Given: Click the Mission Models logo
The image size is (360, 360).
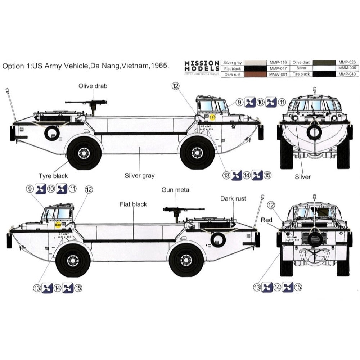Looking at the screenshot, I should [x=202, y=67].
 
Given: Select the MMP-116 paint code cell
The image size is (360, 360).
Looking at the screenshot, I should [x=276, y=62].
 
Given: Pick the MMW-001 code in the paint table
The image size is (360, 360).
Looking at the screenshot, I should [x=276, y=74].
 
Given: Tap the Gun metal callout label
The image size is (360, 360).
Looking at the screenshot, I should [x=176, y=190].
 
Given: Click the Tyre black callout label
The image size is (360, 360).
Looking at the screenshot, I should [x=53, y=176].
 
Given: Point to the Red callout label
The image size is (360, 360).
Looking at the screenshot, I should [x=267, y=220].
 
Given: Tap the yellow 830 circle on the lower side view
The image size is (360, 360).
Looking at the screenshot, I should [x=58, y=225].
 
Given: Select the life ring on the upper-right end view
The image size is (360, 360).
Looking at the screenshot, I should [x=314, y=132].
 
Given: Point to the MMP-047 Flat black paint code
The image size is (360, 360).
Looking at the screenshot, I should [x=276, y=68].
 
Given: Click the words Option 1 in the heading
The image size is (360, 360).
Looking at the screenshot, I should [x=16, y=66].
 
